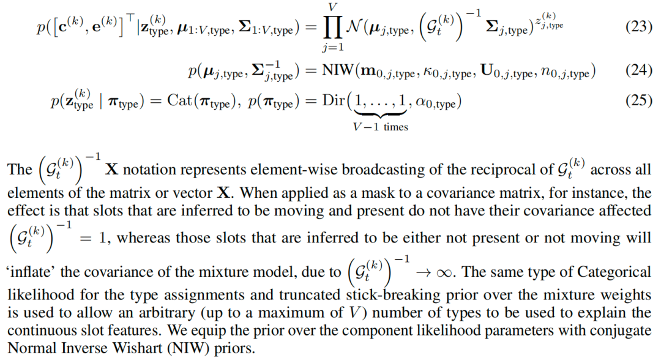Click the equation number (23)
coord(638,28)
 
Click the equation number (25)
coord(638,100)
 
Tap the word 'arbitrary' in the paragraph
coord(137,313)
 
